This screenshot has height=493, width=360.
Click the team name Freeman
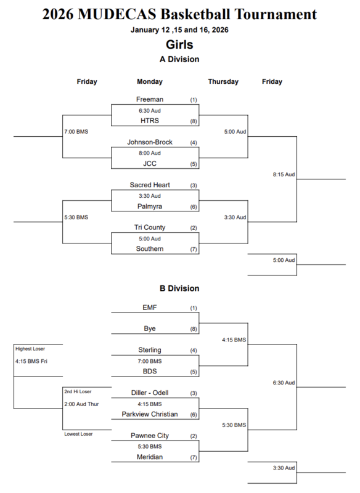click(150, 99)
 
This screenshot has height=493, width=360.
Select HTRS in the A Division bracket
click(150, 121)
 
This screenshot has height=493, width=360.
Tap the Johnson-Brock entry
click(150, 142)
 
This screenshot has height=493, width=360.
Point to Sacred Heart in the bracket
click(150, 185)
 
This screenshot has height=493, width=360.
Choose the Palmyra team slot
click(150, 206)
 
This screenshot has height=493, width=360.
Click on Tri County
click(150, 227)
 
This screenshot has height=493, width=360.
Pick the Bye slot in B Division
click(150, 328)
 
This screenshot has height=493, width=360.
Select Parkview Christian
click(150, 414)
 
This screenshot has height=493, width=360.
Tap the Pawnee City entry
click(150, 436)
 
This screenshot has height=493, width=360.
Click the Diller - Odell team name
click(150, 393)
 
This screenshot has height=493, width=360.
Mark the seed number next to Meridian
click(193, 457)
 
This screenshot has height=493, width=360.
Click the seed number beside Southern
click(193, 249)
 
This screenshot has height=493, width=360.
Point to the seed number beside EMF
click(193, 308)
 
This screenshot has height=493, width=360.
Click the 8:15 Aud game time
click(284, 174)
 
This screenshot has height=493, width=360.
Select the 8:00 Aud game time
click(150, 153)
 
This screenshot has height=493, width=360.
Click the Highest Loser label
click(30, 349)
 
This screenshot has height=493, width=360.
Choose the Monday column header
click(150, 81)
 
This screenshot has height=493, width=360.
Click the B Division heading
click(179, 288)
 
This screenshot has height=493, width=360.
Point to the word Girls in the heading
click(179, 44)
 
